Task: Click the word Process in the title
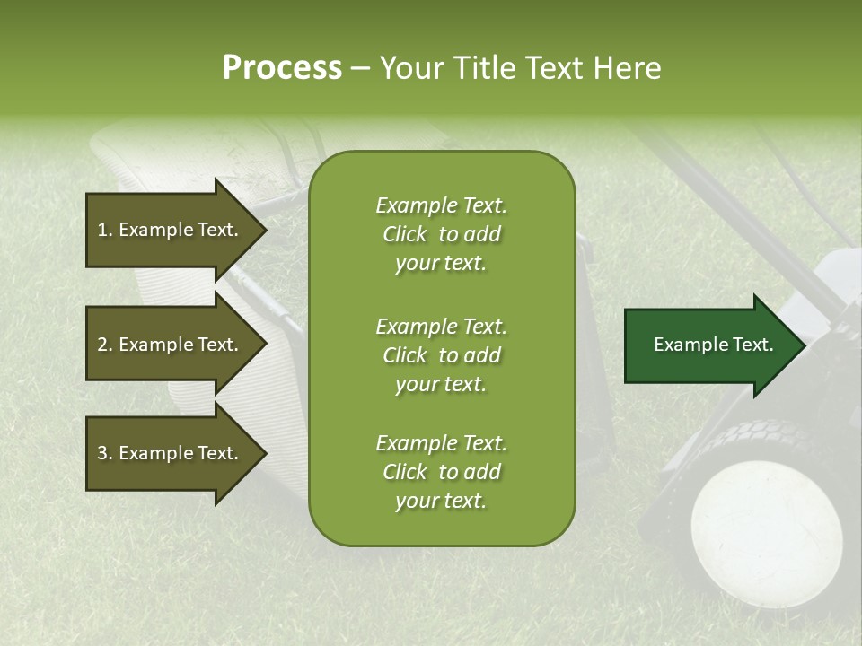282,68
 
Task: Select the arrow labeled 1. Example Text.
171,230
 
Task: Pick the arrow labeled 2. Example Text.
171,345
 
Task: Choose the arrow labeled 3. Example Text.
171,453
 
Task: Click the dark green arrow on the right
709,345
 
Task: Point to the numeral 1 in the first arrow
102,230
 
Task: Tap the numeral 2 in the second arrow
102,345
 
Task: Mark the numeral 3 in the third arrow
102,453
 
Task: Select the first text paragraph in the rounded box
441,234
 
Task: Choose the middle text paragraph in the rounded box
441,355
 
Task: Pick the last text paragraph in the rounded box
441,472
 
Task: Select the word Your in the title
408,68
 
